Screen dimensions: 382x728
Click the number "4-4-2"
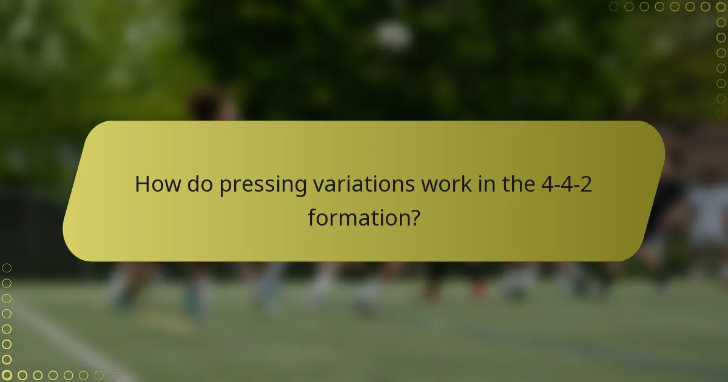(x=566, y=184)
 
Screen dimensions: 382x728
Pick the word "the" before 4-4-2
(x=517, y=184)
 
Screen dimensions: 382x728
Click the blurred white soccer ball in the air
(x=394, y=36)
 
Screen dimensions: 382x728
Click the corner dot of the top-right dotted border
(x=721, y=7)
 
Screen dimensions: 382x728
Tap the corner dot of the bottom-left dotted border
(x=7, y=375)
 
